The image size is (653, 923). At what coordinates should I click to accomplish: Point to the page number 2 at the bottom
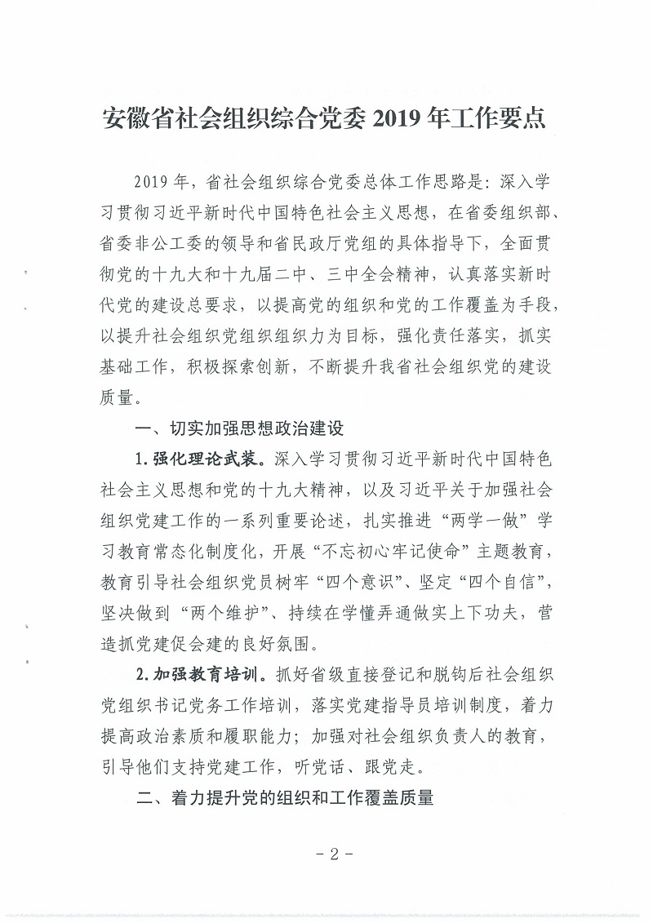pos(333,855)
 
